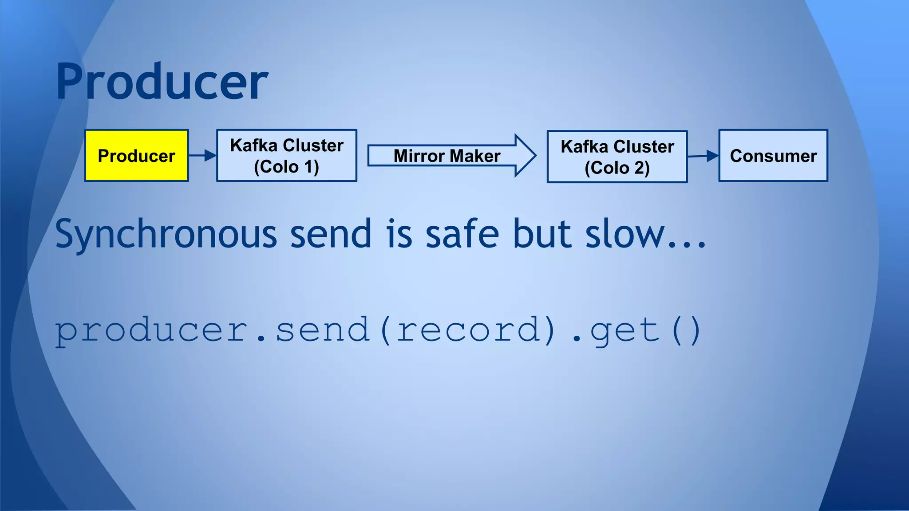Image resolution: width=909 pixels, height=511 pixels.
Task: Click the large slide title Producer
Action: pos(162,82)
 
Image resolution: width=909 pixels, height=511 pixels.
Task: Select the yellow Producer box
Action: pos(137,156)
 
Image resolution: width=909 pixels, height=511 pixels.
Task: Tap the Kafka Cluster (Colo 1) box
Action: pos(287,156)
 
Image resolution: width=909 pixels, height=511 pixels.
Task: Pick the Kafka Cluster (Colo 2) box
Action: pos(617,157)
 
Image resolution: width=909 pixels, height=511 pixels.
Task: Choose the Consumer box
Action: pos(773,156)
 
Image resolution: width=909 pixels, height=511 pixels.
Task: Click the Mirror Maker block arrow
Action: pos(451,156)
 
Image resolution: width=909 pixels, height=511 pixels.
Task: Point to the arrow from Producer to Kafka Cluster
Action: pos(203,155)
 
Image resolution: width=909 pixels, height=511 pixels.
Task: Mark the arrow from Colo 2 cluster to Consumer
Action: pos(703,156)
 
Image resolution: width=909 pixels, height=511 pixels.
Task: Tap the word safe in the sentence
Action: pos(462,234)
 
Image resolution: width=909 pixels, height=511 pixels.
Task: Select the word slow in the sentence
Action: pos(625,234)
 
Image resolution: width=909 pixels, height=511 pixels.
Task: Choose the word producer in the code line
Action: pos(151,331)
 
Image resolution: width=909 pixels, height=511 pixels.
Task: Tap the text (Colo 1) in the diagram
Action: pos(287,167)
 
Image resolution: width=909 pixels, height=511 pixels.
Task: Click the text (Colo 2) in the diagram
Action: pos(617,168)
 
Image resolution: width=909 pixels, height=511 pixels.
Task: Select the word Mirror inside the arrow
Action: pos(419,156)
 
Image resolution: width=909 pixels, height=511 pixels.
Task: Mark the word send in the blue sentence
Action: pos(331,234)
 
